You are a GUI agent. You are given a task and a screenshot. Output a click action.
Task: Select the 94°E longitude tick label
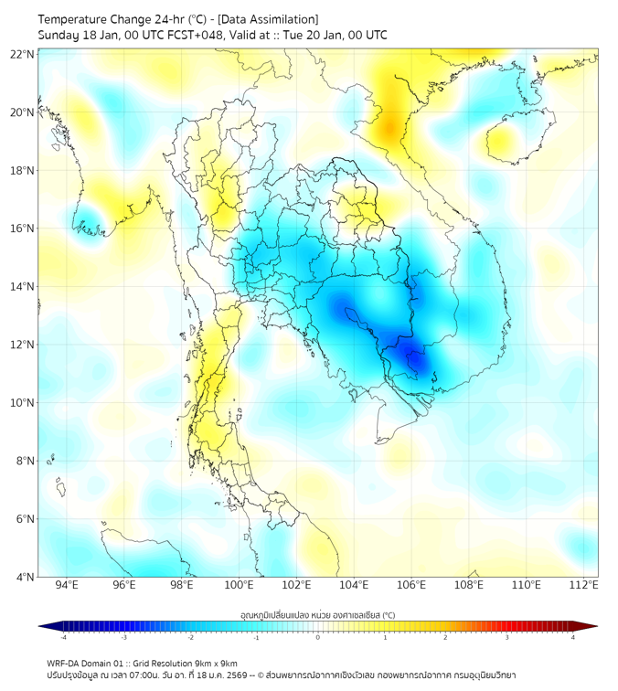coord(67,585)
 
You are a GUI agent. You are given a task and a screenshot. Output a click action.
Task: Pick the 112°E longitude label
coord(583,585)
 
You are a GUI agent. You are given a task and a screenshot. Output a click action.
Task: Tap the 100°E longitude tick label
coord(239,585)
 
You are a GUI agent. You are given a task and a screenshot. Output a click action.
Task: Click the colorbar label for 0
coord(318,637)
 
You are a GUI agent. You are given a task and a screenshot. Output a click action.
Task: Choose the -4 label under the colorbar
coord(62,637)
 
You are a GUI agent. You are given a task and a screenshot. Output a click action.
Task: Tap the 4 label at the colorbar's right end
coord(573,637)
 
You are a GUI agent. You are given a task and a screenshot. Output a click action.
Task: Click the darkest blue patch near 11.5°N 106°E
coord(416,358)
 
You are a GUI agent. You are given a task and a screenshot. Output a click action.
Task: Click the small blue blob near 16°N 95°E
coord(89,223)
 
